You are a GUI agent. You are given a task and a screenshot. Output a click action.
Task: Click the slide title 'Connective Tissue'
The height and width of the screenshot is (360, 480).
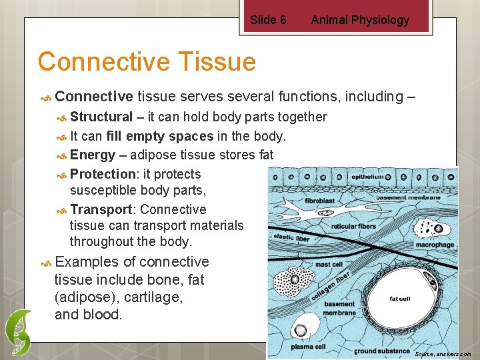pos(147,62)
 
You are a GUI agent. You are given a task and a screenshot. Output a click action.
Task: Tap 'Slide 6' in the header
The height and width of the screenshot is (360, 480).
pos(268,20)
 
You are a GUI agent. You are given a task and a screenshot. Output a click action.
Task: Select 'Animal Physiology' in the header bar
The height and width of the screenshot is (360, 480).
pos(360,20)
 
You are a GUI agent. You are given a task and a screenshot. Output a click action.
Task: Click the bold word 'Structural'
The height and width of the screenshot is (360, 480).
pos(101,117)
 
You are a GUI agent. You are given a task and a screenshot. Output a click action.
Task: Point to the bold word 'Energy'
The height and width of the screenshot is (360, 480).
pos(93,155)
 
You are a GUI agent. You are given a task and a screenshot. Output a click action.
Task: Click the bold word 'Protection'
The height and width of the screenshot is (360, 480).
pos(103,175)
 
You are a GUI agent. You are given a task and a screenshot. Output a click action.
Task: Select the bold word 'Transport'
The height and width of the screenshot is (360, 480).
pos(101,209)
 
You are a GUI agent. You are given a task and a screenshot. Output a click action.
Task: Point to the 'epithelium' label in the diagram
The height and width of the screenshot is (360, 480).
pos(369,177)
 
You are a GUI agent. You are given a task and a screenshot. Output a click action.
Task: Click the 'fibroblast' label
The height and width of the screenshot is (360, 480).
pos(319,199)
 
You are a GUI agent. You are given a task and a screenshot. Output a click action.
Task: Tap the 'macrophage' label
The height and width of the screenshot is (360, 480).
pos(434,245)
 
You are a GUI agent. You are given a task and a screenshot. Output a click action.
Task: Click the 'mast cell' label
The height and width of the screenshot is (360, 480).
pos(329,265)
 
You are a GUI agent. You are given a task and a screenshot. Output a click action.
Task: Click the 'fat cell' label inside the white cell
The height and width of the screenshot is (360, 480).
pos(400,299)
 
